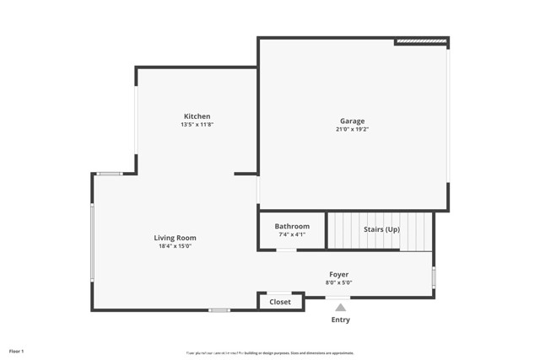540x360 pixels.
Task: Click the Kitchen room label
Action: [197, 116]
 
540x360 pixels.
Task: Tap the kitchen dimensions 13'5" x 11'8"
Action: [197, 125]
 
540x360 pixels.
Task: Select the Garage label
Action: [352, 121]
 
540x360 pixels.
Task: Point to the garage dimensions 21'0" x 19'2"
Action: [352, 130]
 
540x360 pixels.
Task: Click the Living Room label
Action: [175, 238]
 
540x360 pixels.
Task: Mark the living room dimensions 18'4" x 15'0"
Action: [175, 247]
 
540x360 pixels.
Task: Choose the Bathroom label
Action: [292, 226]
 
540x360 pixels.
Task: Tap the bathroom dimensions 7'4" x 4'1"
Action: [292, 234]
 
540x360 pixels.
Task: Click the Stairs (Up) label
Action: [381, 229]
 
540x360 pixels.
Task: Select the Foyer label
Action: [338, 274]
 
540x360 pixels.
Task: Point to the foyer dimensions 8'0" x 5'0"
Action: [338, 282]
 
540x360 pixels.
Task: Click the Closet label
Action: [280, 302]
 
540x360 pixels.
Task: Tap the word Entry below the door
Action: [340, 320]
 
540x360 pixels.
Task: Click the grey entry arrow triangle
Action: [340, 308]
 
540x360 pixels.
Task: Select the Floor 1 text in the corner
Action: [17, 350]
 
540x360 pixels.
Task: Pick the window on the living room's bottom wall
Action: [219, 310]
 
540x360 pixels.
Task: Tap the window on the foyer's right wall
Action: [434, 277]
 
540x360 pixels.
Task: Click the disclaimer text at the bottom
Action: [269, 352]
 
